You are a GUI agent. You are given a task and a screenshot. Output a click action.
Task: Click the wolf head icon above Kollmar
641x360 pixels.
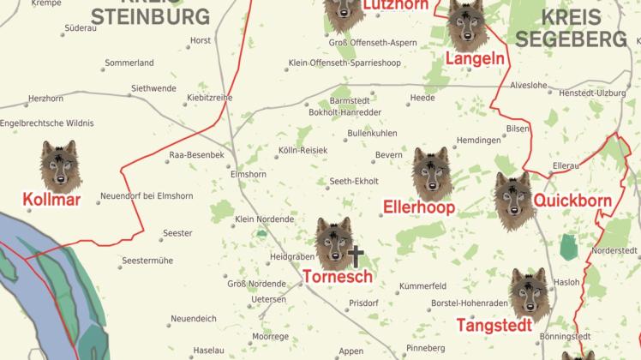[59, 167]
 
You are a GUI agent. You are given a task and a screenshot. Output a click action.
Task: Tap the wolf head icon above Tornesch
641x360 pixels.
[333, 243]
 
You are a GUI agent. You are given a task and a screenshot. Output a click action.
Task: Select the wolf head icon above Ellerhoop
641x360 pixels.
[430, 174]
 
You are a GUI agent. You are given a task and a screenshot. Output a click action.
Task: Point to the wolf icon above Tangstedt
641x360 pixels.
[528, 294]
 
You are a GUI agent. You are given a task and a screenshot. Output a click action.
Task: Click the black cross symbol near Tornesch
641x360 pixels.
[356, 255]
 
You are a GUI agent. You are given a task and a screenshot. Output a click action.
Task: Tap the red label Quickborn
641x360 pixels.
[572, 201]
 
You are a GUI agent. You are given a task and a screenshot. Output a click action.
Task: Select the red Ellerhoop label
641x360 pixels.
[418, 208]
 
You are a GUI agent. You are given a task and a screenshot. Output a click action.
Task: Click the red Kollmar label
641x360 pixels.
[51, 201]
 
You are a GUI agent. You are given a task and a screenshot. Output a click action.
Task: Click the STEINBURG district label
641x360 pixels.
[151, 16]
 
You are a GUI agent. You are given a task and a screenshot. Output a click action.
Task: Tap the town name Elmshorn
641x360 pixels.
[249, 174]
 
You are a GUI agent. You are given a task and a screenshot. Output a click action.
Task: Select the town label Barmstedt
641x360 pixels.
[350, 100]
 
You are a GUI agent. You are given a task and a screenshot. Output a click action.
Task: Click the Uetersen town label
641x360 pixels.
[269, 300]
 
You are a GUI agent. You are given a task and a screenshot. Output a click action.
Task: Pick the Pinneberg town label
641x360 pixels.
[426, 348]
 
